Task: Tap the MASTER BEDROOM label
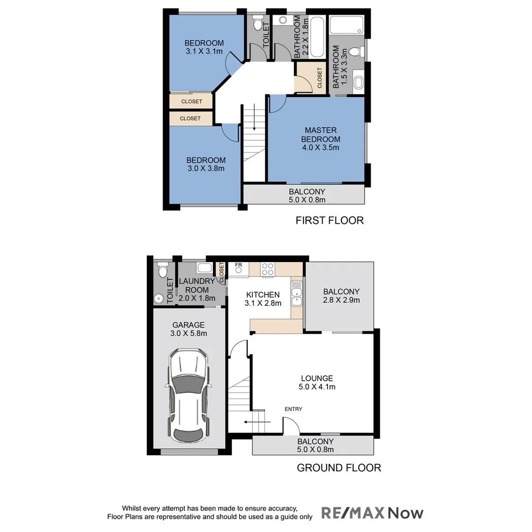click(x=321, y=138)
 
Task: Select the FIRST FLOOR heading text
click(x=330, y=220)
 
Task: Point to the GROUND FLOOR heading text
click(x=339, y=467)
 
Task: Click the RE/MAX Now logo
click(x=372, y=513)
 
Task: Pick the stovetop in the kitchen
click(x=267, y=269)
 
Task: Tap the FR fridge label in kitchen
click(x=239, y=266)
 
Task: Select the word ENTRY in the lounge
click(x=293, y=409)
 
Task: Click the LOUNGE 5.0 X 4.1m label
click(x=317, y=382)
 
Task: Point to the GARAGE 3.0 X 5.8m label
click(x=189, y=329)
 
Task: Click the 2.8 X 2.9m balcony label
click(x=341, y=296)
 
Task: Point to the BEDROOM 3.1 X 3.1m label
click(x=204, y=47)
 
